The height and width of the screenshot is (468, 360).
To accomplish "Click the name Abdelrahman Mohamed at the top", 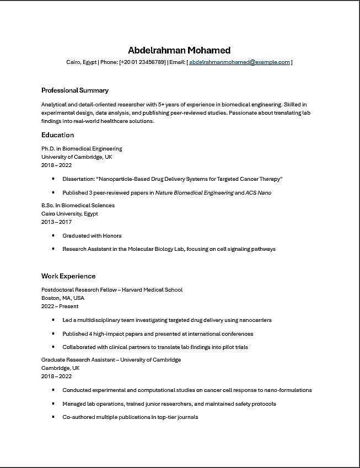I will click(x=179, y=50).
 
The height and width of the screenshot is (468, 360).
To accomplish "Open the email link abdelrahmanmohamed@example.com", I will click(x=239, y=62).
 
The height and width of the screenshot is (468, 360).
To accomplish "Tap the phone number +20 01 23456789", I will click(x=142, y=62).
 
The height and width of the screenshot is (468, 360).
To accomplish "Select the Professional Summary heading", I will click(x=75, y=90).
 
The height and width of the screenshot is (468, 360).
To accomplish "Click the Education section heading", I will click(x=57, y=135).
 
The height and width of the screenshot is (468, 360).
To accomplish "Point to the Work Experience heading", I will click(x=68, y=276).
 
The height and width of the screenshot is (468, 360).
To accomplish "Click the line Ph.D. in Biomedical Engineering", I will click(x=82, y=149).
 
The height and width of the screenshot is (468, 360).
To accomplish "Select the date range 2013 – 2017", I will click(x=56, y=222).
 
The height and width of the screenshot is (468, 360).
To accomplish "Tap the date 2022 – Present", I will click(x=60, y=306).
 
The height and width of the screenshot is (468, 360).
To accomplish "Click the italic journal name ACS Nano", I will click(x=259, y=193).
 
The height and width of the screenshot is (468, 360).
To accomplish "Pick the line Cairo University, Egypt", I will click(x=69, y=213).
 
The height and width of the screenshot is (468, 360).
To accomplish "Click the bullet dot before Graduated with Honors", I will click(x=53, y=235).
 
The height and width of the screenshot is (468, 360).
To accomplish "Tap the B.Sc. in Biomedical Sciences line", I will click(x=78, y=205).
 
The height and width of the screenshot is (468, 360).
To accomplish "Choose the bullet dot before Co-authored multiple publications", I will click(x=53, y=417).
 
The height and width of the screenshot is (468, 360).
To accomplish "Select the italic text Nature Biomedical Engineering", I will click(x=194, y=193).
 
